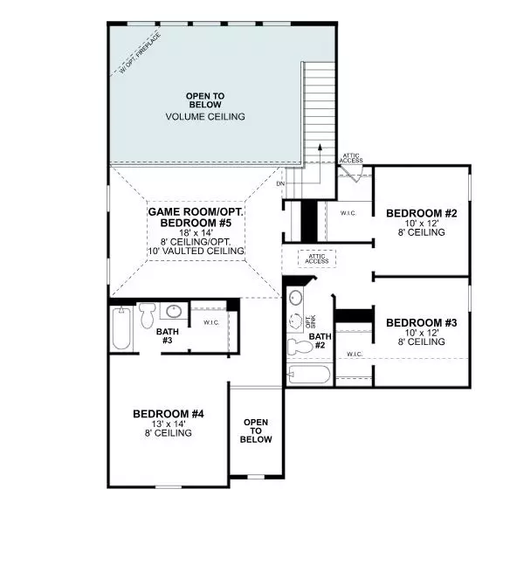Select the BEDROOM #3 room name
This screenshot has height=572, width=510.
[x=421, y=321]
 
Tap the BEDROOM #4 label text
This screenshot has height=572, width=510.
[x=168, y=413]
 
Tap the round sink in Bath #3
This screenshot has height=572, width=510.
[x=174, y=311]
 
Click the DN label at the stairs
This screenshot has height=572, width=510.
[x=280, y=184]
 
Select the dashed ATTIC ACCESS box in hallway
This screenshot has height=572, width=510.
[x=317, y=258]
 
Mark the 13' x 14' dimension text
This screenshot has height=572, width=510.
[x=168, y=424]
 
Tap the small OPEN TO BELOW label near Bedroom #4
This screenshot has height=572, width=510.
[x=256, y=430]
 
